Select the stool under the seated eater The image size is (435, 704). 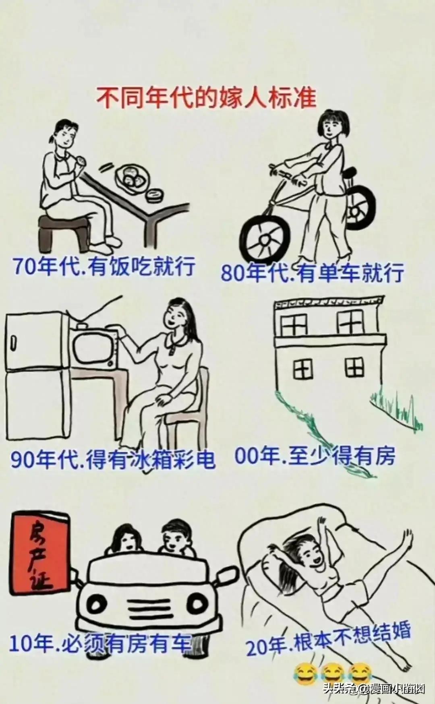click(x=64, y=231)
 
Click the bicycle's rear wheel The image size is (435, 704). click(x=358, y=207)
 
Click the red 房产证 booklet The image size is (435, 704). click(x=40, y=553)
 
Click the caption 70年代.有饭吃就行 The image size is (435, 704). click(x=104, y=266)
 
